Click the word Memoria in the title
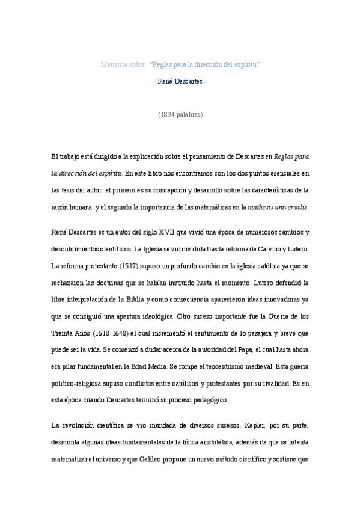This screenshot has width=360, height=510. point(112,64)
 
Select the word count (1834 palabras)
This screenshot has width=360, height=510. point(180,114)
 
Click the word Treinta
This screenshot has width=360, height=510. point(63,333)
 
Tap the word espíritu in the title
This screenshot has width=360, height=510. point(245,64)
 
